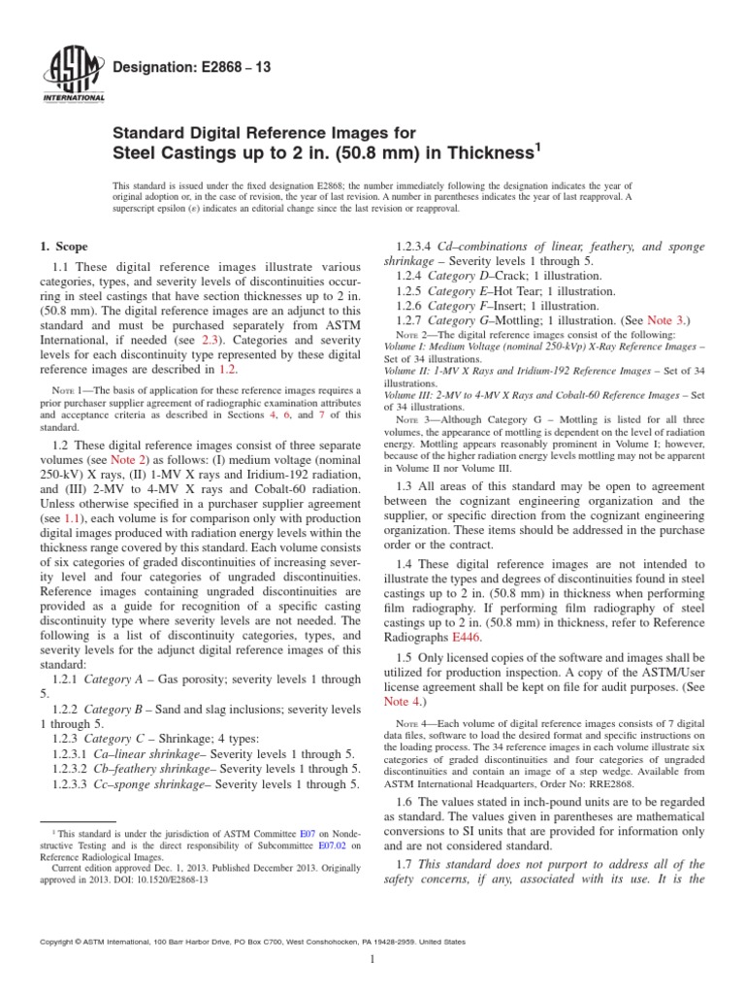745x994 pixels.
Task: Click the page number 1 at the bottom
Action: coord(372,960)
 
